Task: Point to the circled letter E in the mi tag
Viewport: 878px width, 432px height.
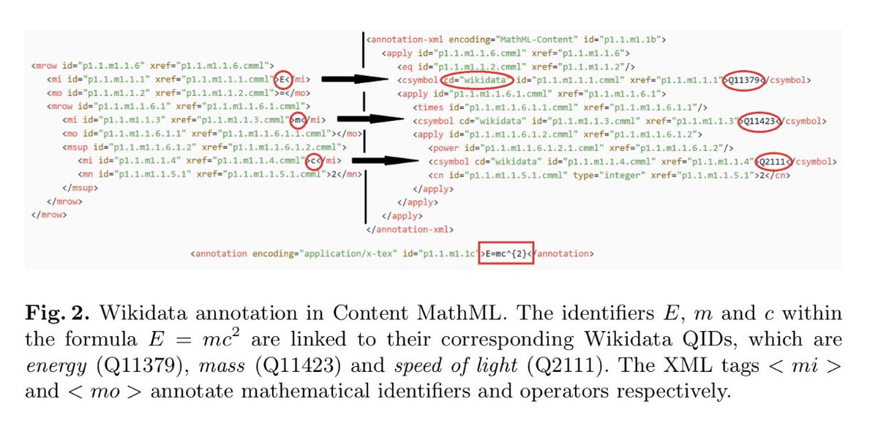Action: [x=282, y=79]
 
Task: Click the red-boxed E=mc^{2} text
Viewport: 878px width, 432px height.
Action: [x=506, y=253]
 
